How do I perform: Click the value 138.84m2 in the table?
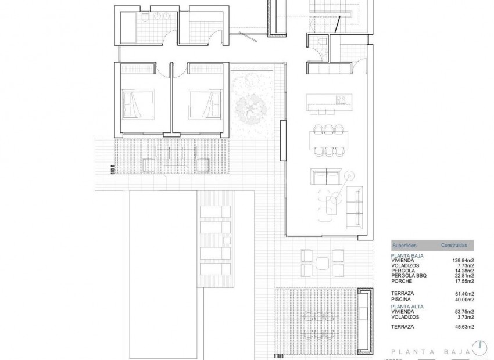pos(464,260)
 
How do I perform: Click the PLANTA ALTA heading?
pos(407,305)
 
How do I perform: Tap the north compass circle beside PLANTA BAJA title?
pos(480,347)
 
